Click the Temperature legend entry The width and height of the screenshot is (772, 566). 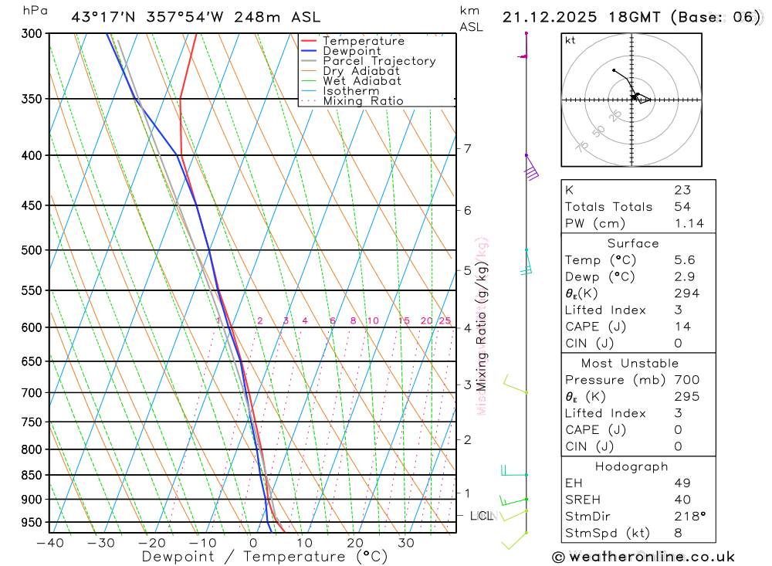[x=363, y=41]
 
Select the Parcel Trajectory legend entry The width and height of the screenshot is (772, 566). [x=379, y=61]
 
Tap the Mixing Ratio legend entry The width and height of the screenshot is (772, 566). [x=363, y=100]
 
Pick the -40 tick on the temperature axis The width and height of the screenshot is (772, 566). [x=49, y=543]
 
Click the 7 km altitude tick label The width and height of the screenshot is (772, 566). [x=468, y=148]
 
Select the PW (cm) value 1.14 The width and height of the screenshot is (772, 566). [x=689, y=224]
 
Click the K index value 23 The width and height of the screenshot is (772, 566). [x=682, y=190]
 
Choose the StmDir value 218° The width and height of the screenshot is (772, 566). [x=689, y=517]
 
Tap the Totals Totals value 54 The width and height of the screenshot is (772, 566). [x=682, y=207]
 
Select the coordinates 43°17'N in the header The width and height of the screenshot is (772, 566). [x=104, y=17]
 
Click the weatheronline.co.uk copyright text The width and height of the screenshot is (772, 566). [x=643, y=557]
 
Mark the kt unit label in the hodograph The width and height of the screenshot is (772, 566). [x=571, y=41]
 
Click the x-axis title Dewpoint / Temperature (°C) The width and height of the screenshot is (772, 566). [x=265, y=557]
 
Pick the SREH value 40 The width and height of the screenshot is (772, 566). [x=682, y=500]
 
